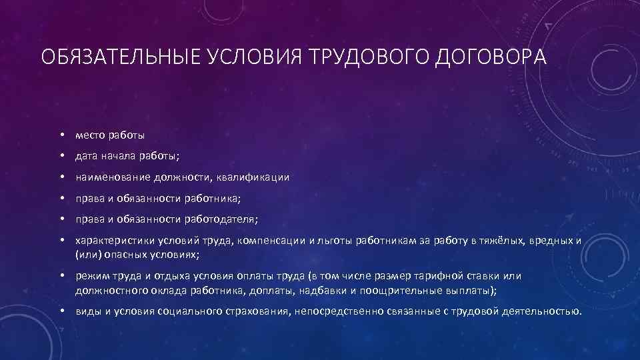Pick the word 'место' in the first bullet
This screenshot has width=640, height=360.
(x=90, y=135)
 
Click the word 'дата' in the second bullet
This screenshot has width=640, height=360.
(x=87, y=156)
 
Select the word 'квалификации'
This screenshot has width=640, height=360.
(x=257, y=177)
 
